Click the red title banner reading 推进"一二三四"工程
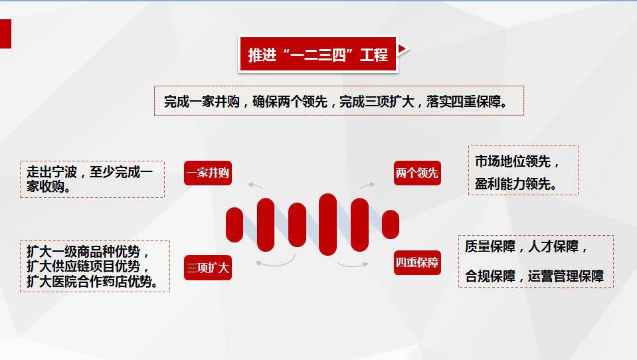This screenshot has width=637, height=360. [318, 54]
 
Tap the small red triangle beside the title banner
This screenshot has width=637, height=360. [403, 49]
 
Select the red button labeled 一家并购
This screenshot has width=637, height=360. [208, 173]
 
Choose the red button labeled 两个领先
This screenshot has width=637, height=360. [417, 173]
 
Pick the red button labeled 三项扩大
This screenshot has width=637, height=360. [208, 268]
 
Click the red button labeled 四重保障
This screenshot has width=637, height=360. [417, 262]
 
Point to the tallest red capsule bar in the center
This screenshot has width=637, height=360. [328, 225]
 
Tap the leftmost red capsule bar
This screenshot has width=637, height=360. [234, 225]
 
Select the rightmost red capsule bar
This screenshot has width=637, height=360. [391, 225]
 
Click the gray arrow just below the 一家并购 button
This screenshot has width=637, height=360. [255, 186]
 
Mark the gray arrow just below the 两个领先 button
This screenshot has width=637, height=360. [367, 185]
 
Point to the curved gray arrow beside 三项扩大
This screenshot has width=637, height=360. [276, 262]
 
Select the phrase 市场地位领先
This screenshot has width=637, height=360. [513, 161]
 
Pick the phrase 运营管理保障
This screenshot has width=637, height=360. [565, 276]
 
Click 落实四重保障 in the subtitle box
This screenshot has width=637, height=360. [464, 101]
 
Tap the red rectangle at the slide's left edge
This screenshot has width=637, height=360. [5, 34]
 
